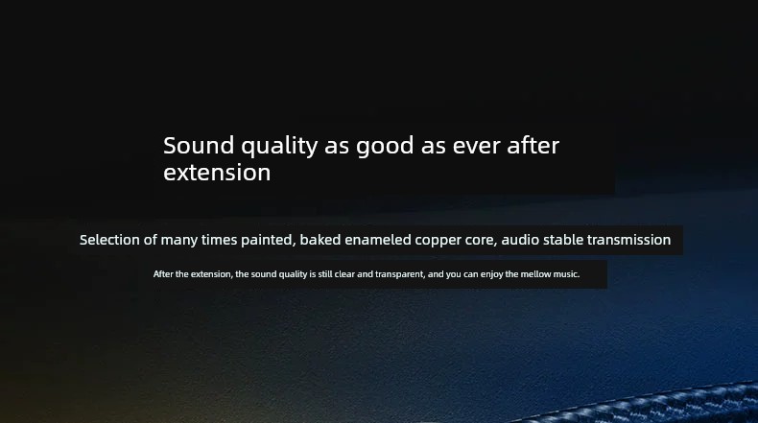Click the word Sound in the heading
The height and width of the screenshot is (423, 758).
[x=199, y=146]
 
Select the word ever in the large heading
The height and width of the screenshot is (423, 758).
[x=476, y=147]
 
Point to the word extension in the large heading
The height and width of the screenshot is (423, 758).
[x=217, y=173]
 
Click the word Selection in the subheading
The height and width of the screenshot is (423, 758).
[x=109, y=240]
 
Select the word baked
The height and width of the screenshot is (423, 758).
[x=320, y=240]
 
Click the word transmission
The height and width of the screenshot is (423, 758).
[x=628, y=240]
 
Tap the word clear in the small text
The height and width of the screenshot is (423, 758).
[x=344, y=274]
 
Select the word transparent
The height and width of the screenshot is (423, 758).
[x=400, y=274]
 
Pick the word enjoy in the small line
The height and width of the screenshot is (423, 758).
[x=491, y=274]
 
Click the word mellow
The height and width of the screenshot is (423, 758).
[x=535, y=274]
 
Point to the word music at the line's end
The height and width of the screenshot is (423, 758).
[x=566, y=274]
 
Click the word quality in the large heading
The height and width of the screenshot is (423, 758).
[x=279, y=147]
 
